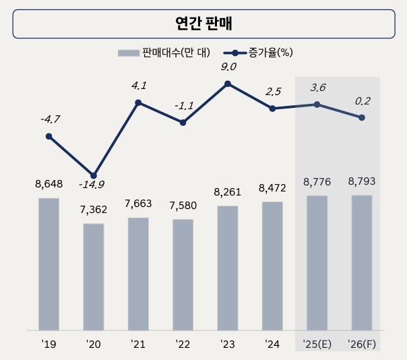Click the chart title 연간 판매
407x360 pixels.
pyautogui.click(x=204, y=24)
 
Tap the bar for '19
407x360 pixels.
pyautogui.click(x=49, y=264)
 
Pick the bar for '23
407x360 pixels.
pyautogui.click(x=228, y=268)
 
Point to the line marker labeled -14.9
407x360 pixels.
pyautogui.click(x=94, y=175)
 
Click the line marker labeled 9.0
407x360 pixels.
pyautogui.click(x=228, y=84)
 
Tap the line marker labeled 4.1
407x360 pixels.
pyautogui.click(x=138, y=102)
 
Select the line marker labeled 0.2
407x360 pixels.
pyautogui.click(x=362, y=117)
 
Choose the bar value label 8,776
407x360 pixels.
pyautogui.click(x=317, y=181)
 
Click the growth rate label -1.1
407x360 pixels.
pyautogui.click(x=183, y=107)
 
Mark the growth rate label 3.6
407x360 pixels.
pyautogui.click(x=317, y=88)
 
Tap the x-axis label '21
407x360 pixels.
pyautogui.click(x=138, y=344)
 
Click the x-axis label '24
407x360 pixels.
pyautogui.click(x=272, y=344)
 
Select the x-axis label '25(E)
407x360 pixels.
pyautogui.click(x=317, y=344)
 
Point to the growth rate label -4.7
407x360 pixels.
pyautogui.click(x=49, y=119)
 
